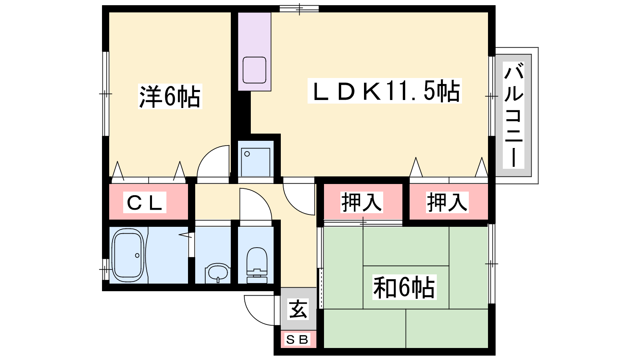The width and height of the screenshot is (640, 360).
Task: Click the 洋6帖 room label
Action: (170, 96)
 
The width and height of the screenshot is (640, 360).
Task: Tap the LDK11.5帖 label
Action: (384, 91)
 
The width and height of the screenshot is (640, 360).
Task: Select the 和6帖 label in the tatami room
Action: (404, 287)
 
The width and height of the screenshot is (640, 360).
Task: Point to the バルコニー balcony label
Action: (514, 115)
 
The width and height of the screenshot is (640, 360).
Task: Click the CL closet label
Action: (144, 202)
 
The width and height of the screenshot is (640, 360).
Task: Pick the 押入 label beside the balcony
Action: (447, 202)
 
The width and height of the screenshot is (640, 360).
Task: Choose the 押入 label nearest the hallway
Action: (362, 202)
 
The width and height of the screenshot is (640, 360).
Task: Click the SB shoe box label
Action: (297, 340)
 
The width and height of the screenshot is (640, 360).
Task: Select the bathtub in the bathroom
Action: (128, 255)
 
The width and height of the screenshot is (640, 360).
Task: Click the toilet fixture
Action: (256, 265)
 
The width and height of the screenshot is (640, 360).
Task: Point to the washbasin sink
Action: (218, 273)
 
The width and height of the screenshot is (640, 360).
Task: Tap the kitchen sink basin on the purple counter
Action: (254, 70)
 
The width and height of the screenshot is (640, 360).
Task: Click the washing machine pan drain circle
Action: (247, 154)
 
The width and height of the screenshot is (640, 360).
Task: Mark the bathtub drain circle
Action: (138, 255)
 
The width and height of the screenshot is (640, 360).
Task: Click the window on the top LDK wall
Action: (299, 9)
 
